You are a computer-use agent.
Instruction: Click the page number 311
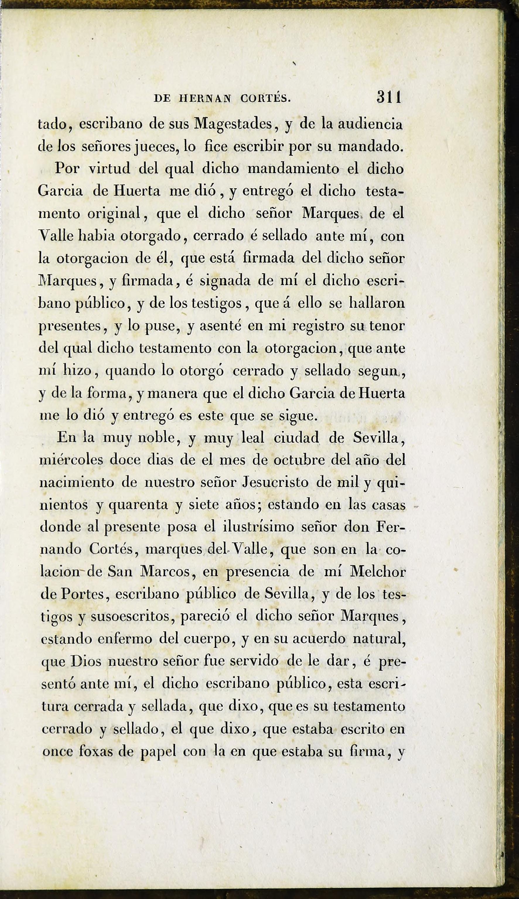[389, 97]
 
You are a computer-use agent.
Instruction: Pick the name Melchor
[378, 572]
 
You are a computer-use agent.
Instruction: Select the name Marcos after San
[167, 572]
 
